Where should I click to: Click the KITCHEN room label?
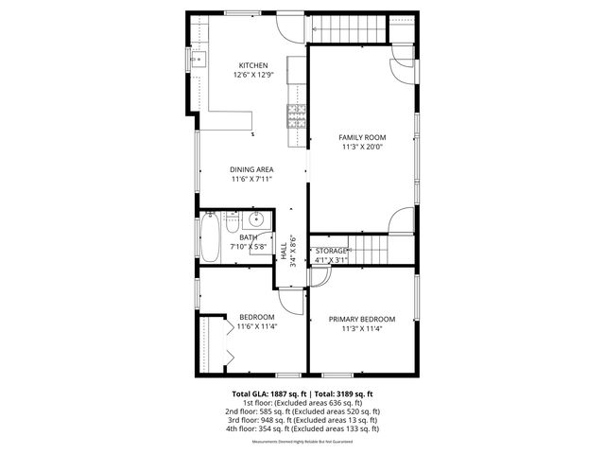click(253, 65)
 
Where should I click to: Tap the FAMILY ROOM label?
click(363, 137)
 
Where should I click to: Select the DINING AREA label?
click(251, 169)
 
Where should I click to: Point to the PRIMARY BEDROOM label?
click(362, 319)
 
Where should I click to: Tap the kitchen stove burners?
click(296, 116)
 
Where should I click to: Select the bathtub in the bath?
click(209, 236)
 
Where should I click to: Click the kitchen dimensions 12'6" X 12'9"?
click(253, 75)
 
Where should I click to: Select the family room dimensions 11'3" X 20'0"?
click(363, 148)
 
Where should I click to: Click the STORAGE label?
click(331, 251)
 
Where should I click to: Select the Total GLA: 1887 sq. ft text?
click(266, 393)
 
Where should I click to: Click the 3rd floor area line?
click(302, 420)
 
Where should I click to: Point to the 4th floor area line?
click(302, 428)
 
